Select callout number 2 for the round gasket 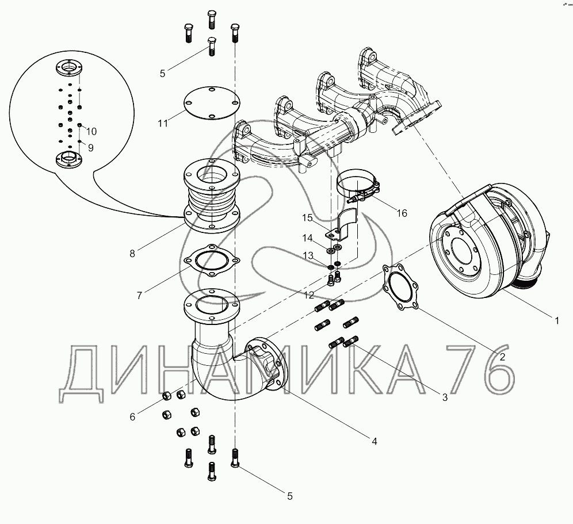[502, 356]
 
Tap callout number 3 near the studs [445, 397]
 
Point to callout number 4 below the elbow [375, 441]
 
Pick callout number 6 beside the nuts [132, 416]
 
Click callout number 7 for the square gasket [139, 296]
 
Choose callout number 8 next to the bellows [132, 252]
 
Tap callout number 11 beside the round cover [163, 123]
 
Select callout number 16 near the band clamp [402, 213]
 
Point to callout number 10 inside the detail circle [92, 131]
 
